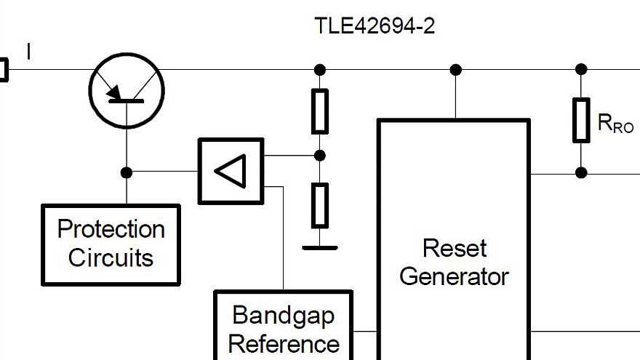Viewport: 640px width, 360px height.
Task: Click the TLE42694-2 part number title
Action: coord(375,26)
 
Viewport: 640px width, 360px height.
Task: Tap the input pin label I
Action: coord(28,52)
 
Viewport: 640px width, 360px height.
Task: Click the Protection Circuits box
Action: coord(111,244)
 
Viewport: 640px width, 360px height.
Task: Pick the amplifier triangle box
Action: coord(231,172)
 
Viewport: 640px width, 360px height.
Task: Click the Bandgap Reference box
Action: coord(284,327)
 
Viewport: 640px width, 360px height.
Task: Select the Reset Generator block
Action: coord(453,240)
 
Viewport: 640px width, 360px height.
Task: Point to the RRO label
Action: coord(615,124)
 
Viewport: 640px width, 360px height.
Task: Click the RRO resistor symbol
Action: coord(580,120)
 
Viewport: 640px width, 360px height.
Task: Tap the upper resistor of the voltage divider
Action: coord(319,111)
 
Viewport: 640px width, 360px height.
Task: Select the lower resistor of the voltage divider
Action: coord(319,205)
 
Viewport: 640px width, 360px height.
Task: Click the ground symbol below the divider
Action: coord(319,247)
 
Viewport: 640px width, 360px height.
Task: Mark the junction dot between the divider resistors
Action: coord(319,156)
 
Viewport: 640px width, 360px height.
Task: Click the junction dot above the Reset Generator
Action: coord(455,70)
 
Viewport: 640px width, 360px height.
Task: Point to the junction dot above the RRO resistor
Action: coord(580,70)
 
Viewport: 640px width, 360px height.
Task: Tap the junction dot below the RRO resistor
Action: coord(580,173)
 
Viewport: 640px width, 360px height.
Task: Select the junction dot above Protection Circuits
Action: coord(127,172)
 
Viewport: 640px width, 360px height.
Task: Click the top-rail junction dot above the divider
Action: coord(319,70)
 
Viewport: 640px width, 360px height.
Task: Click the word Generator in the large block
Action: coord(453,276)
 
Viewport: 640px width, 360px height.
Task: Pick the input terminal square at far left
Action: coord(2,70)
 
